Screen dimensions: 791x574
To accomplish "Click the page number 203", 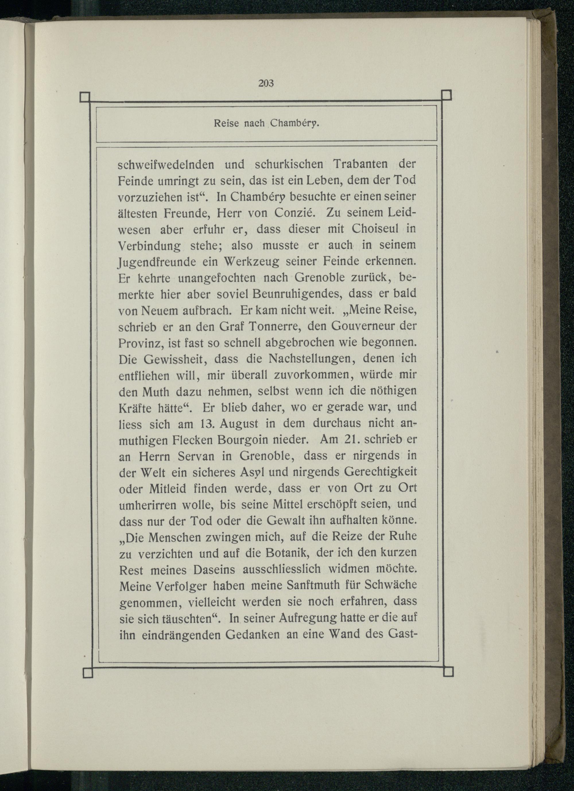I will pos(266,84).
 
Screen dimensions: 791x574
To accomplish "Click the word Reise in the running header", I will pos(227,124).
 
